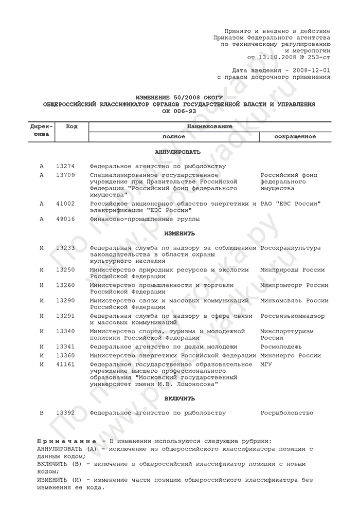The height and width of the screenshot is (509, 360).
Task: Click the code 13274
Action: pos(65,166)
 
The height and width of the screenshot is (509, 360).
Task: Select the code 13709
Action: pos(65,175)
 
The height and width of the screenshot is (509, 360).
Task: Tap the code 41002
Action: pos(65,204)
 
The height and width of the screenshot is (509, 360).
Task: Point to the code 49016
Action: pos(65,219)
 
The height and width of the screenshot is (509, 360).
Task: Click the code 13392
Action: pos(65,412)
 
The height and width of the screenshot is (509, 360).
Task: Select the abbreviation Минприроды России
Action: pos(293,269)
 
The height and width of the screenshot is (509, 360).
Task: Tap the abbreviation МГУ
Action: pos(267,364)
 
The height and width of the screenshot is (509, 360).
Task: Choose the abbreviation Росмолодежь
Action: pos(282,347)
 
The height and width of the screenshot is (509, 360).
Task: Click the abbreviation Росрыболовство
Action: pos(287,412)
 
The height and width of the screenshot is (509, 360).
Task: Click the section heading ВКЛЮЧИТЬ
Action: pos(179,398)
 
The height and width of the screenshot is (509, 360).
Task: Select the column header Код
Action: pos(72,126)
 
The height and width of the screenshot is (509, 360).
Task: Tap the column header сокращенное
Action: pos(295,137)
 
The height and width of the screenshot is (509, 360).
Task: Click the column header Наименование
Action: pos(209,126)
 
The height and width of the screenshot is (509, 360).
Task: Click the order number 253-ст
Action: pos(318,58)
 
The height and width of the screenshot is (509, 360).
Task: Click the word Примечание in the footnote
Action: pos(67,441)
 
